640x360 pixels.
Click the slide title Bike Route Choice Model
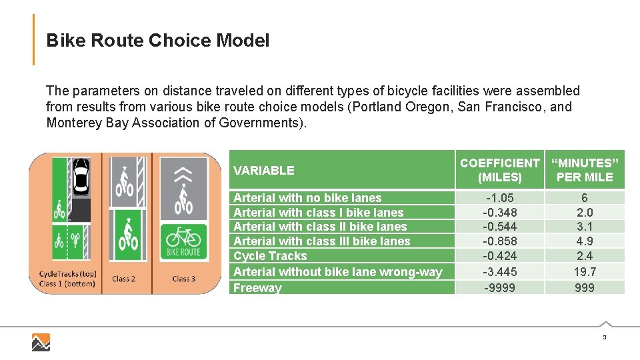pos(158,41)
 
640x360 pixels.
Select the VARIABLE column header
pos(263,170)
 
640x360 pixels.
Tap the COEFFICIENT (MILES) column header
pos(499,170)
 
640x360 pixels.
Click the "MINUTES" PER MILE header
pos(585,170)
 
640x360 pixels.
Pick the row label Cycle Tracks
pos(270,256)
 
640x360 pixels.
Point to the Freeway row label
pos(257,288)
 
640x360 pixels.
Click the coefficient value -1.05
pos(499,198)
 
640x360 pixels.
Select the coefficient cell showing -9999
pos(499,288)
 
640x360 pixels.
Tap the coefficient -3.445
pos(499,271)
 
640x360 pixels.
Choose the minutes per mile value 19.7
pos(585,271)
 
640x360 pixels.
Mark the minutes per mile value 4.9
pos(585,241)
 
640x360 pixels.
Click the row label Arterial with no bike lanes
pos(307,198)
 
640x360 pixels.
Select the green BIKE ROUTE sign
pos(183,242)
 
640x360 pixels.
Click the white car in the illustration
pos(81,177)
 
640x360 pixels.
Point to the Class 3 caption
pos(183,279)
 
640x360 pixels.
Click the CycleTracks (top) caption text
pos(67,274)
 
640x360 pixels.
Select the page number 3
pos(604,338)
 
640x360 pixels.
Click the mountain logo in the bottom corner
pos(41,342)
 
